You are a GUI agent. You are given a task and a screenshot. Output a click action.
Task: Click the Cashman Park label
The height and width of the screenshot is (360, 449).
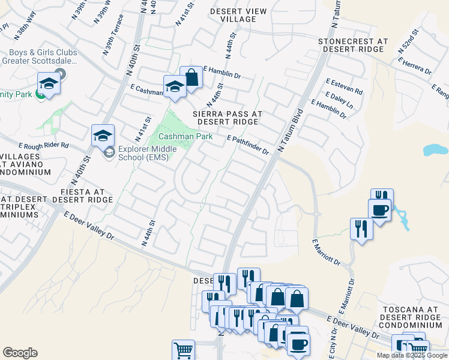[x=185, y=137]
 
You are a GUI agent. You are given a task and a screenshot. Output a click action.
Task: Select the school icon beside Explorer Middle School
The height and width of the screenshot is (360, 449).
[x=103, y=136]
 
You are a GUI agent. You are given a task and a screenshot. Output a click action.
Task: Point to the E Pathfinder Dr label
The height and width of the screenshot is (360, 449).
[x=247, y=145]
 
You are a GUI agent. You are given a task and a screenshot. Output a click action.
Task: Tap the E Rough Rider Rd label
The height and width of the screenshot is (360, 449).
[x=44, y=145]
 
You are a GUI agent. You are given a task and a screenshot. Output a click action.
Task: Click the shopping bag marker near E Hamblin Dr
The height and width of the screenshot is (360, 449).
[x=191, y=77]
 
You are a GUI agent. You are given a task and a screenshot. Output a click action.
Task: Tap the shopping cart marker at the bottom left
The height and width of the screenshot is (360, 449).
[x=183, y=350]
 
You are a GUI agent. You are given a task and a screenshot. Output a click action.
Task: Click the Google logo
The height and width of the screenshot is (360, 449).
[x=20, y=353]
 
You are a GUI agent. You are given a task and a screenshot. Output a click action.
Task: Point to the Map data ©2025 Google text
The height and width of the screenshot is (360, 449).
[x=411, y=355]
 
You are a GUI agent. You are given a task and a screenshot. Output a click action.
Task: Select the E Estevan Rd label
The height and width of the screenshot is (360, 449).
[x=344, y=87]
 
